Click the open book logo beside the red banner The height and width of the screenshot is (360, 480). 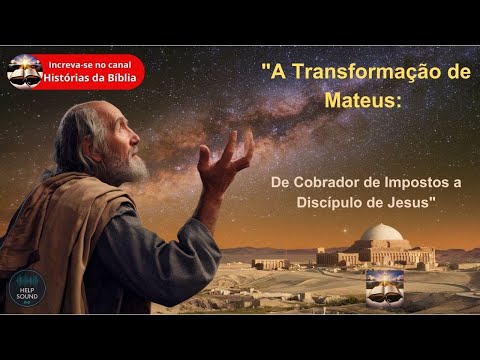(x=22, y=72)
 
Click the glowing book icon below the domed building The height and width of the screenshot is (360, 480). (x=383, y=285)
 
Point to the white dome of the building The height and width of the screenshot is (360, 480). (x=381, y=235)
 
